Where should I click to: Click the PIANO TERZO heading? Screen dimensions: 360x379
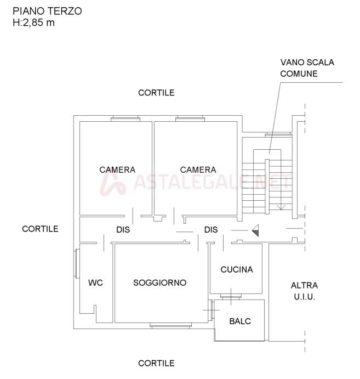pos(47,11)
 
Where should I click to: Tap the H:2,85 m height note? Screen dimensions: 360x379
pos(33,22)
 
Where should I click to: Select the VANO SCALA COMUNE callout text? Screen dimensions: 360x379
pos(307,68)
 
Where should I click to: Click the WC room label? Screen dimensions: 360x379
pos(95,282)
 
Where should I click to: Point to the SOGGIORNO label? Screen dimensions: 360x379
pos(160,282)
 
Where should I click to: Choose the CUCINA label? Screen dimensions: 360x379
pos(237,269)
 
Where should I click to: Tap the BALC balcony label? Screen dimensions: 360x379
pos(240,321)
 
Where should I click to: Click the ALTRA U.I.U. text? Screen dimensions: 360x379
pos(304,291)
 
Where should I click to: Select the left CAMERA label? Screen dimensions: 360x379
pos(117,169)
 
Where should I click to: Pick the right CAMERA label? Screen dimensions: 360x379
pos(198,169)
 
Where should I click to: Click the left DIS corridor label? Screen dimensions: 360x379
pos(123,230)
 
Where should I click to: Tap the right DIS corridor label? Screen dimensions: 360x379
pos(211,230)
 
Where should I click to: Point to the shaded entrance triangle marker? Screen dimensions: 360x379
pos(255,230)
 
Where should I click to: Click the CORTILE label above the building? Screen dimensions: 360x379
pos(156,93)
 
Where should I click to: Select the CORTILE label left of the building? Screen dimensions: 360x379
pos(40,229)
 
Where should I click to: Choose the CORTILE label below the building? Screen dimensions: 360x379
pos(156,363)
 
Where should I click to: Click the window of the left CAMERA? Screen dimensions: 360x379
pos(125,118)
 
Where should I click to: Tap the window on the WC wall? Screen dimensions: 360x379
pos(77,264)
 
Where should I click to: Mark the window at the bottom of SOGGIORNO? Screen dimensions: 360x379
pos(171,326)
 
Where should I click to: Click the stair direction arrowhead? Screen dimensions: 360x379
pos(281,207)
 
